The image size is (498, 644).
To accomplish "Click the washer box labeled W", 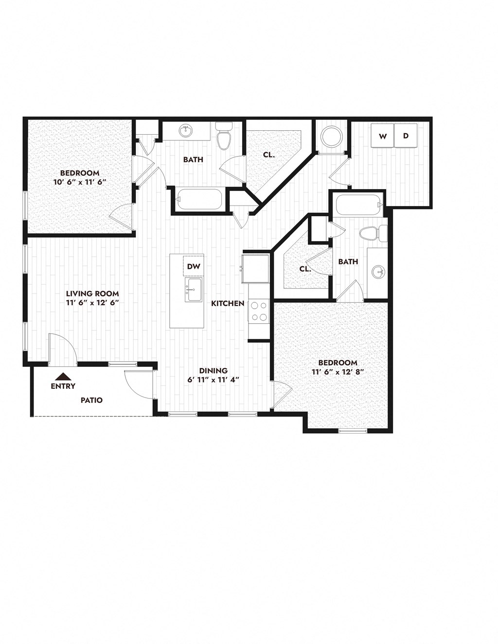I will pos(382,137).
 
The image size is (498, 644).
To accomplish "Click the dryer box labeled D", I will pos(406,137).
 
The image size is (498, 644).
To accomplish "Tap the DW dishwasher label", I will pos(193,266).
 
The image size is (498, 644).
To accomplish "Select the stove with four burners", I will pos(258,312).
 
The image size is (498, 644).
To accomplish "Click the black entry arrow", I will pos(63,376).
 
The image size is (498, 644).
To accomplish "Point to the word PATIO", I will pos(91,400).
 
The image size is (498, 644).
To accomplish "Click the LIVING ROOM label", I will pos(92,294).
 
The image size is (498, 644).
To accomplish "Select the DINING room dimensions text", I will pos(213,380).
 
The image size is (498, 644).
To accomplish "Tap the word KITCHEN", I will pos(228,303).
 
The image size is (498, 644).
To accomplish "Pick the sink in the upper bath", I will pos(185,131).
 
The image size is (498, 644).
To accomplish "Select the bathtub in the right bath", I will pos(357,205).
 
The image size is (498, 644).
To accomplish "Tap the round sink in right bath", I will pos(378,272).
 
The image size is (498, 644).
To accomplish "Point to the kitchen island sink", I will pos(194,290).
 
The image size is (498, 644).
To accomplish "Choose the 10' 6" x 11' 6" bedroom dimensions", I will pos(80,182).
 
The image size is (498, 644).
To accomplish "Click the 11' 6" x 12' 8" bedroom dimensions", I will pos(338,372).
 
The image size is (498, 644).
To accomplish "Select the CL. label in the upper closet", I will pos(269,155).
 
